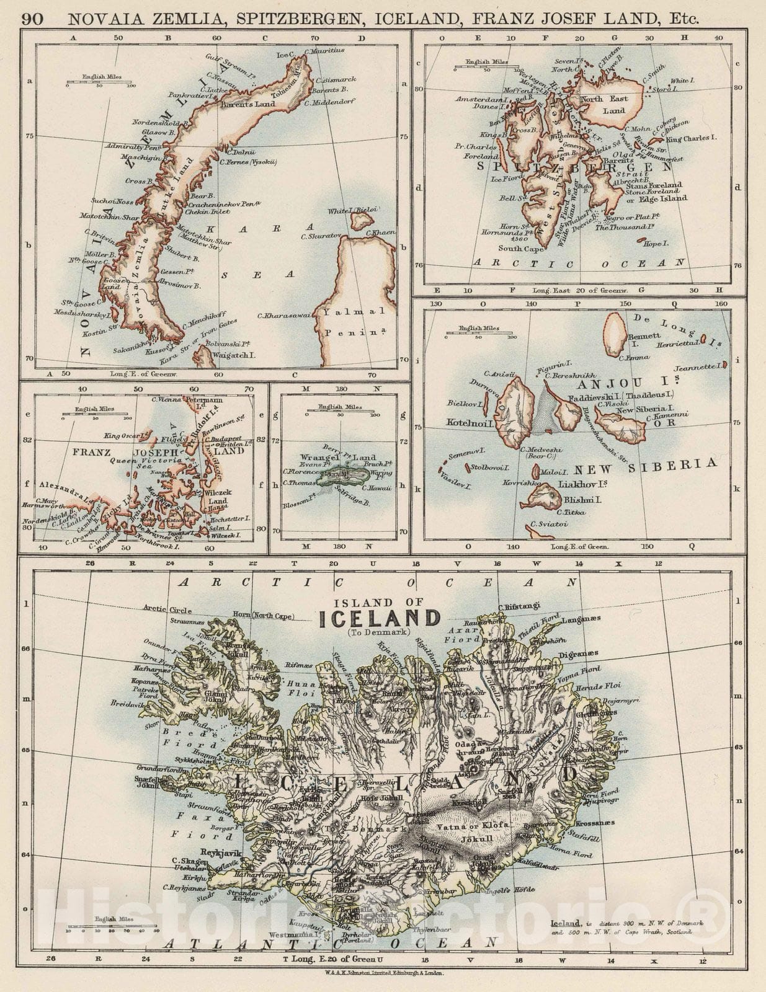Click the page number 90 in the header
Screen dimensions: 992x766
tap(33, 19)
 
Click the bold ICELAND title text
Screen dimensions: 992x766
tap(379, 618)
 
